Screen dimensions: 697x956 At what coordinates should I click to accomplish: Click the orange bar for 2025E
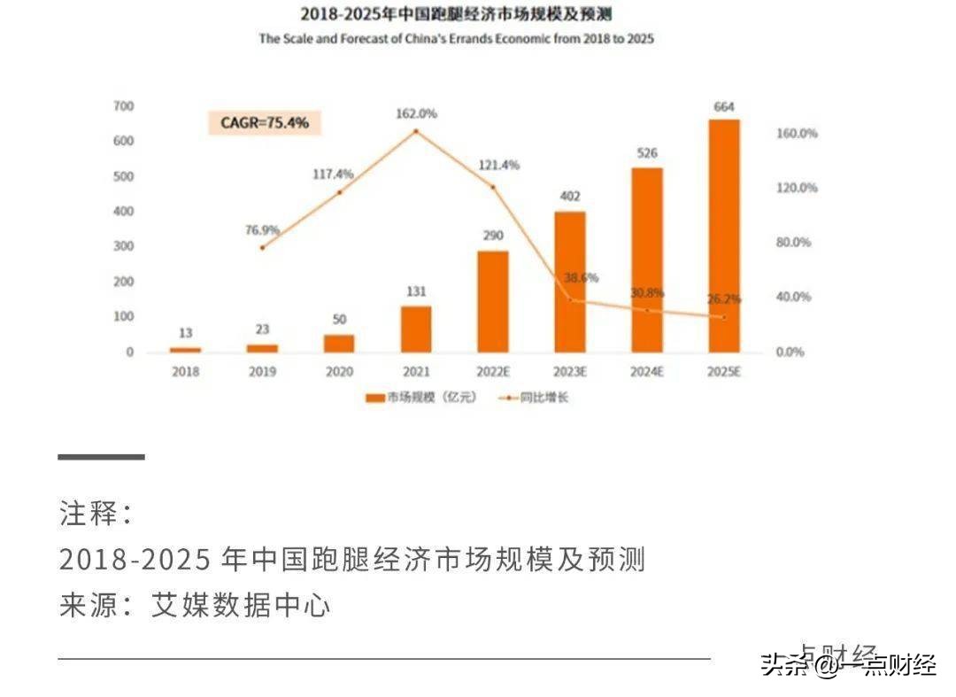723,236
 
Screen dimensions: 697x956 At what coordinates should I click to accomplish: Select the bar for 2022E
493,302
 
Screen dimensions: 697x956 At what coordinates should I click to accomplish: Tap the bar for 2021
416,329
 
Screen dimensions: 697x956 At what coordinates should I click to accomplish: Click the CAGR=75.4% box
265,123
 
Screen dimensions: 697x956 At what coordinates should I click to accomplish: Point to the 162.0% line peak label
416,114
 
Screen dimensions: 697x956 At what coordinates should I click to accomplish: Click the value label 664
723,107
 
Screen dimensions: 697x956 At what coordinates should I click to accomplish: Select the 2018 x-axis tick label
185,372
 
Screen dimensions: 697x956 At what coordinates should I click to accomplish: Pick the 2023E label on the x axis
570,372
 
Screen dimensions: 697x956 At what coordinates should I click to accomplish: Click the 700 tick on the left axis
123,106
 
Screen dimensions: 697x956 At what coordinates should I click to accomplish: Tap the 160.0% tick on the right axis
798,133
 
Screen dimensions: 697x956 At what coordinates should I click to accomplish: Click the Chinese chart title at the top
456,14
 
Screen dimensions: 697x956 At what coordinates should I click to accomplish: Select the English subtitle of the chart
456,39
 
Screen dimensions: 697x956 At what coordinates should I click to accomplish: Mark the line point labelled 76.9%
262,247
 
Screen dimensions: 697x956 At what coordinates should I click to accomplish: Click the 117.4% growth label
333,174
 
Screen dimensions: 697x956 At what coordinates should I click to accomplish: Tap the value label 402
570,197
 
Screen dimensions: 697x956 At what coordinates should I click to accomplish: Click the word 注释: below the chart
96,513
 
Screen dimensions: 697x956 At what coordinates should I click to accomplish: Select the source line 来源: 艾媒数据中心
194,606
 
